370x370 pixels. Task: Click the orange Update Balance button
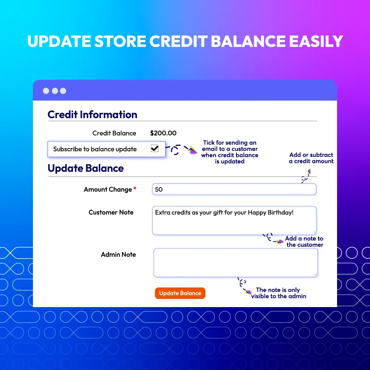coord(180,293)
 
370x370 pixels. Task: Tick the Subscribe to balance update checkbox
coord(155,148)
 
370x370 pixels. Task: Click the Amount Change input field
coord(234,189)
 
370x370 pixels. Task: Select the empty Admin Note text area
coord(235,263)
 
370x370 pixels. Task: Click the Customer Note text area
coord(234,221)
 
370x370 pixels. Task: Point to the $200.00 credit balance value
coord(163,133)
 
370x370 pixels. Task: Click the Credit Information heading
coord(92,115)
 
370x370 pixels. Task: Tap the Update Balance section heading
coord(86,168)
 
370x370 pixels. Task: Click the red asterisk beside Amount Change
coord(135,188)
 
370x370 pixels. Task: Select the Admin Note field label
coord(118,255)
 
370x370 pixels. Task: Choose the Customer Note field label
coord(111,212)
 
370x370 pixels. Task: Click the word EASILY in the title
coord(316,41)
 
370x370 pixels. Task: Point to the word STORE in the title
coord(120,41)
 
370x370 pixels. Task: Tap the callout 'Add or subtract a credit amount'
coord(311,158)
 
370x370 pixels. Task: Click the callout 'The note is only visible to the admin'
coord(279,293)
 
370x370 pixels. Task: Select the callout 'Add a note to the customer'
coord(305,241)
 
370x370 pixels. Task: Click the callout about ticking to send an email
coord(230,152)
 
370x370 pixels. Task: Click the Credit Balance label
coord(114,133)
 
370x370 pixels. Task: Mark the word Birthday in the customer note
coord(280,213)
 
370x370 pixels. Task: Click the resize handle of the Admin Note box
coord(315,274)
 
